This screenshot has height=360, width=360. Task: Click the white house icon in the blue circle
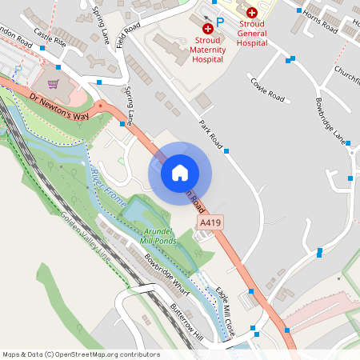click(x=180, y=172)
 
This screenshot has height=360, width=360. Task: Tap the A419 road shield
click(x=210, y=222)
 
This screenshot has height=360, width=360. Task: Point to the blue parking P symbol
click(x=220, y=22)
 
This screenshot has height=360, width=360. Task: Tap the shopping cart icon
click(x=54, y=84)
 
